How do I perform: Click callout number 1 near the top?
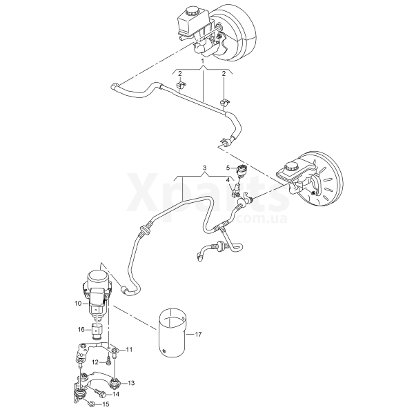[x=203, y=61]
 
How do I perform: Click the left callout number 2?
[x=180, y=74]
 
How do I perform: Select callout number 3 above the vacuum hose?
[x=204, y=168]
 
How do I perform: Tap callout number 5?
[x=228, y=168]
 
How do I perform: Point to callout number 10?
[x=78, y=304]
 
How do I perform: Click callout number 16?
[x=81, y=330]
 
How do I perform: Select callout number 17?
[x=198, y=335]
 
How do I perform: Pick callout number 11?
[x=129, y=350]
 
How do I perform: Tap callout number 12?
[x=95, y=362]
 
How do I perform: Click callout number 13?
[x=131, y=383]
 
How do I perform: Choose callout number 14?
[x=116, y=394]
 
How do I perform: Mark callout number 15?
[x=106, y=404]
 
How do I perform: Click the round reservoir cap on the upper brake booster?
[x=190, y=11]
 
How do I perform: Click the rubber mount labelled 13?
[x=115, y=384]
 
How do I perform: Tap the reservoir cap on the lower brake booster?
[x=290, y=167]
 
